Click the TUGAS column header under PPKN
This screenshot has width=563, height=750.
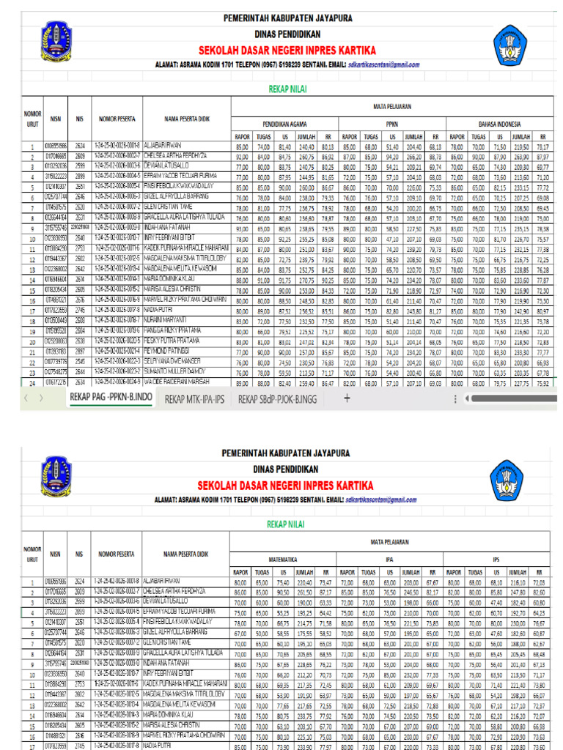pyautogui.click(x=371, y=136)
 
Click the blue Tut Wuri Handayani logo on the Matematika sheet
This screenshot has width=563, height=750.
pyautogui.click(x=513, y=480)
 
